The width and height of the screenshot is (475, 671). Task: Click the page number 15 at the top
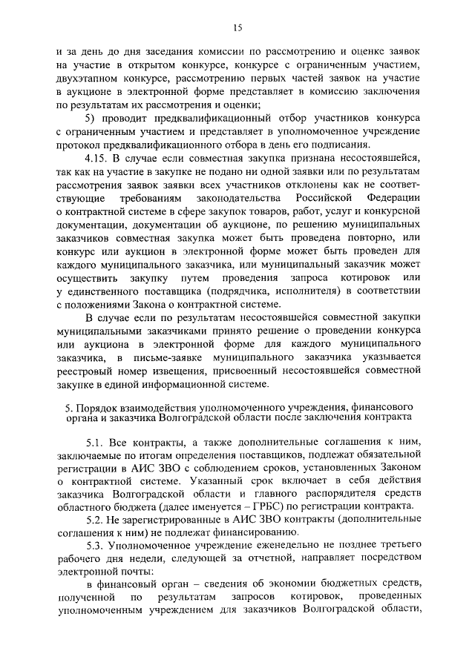pos(237,27)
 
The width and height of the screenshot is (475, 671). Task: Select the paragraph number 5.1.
pos(94,440)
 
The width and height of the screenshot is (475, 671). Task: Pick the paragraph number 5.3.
pos(94,546)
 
